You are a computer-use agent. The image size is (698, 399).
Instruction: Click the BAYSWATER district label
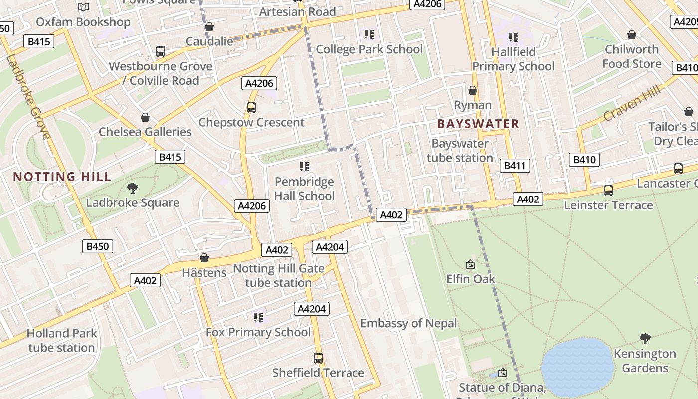478,124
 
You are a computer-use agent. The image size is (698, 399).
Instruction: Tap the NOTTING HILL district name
62,177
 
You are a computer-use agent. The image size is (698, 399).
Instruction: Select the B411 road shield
514,166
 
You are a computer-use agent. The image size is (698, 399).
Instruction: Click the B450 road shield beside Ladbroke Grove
98,246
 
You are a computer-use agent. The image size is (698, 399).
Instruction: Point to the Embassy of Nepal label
408,323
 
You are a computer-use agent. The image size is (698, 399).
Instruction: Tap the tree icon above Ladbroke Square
133,188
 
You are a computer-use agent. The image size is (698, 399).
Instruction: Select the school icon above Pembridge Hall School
304,166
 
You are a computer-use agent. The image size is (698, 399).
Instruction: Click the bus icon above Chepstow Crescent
251,107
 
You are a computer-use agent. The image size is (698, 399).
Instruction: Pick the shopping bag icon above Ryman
472,90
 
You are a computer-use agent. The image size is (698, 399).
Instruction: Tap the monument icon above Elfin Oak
470,264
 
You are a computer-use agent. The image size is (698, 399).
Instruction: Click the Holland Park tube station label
61,340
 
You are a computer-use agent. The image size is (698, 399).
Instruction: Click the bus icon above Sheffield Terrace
318,358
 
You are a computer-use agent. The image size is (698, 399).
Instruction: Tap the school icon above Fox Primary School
258,317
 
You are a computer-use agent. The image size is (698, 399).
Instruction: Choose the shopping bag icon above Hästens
204,258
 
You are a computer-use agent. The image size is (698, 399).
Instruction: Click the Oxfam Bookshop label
83,22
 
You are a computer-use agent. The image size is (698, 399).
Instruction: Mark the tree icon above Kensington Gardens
645,339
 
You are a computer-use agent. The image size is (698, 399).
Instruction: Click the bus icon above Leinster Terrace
608,190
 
